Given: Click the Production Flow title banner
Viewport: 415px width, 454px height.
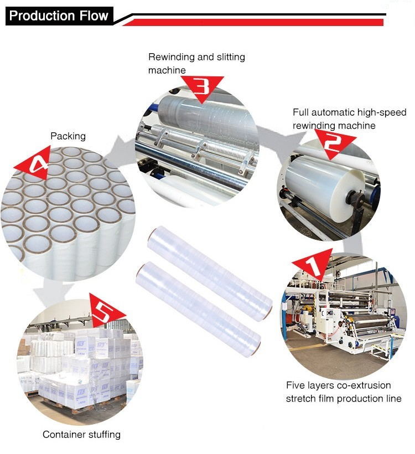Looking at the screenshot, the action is tap(59, 16).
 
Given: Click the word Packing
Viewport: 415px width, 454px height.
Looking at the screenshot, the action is tap(68, 136).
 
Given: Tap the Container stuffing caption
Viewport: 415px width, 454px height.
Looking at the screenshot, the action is tap(81, 434).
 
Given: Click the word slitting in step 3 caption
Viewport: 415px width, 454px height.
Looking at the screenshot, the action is tap(231, 57).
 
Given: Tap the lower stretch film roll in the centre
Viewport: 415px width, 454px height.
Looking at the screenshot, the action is tap(198, 309).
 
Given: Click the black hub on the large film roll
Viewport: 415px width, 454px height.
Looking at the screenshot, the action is tap(355, 199).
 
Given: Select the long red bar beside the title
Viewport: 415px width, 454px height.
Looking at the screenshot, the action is tap(253, 22).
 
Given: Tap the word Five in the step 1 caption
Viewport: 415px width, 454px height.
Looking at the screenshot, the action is tap(294, 385).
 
